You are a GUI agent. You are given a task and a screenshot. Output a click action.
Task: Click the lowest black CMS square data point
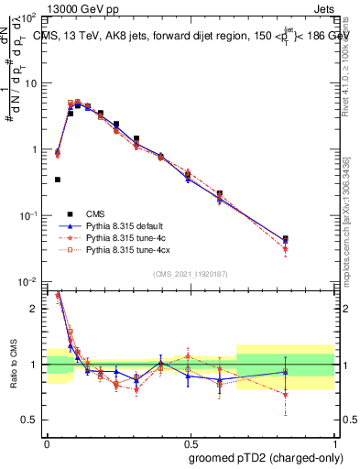(58, 180)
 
